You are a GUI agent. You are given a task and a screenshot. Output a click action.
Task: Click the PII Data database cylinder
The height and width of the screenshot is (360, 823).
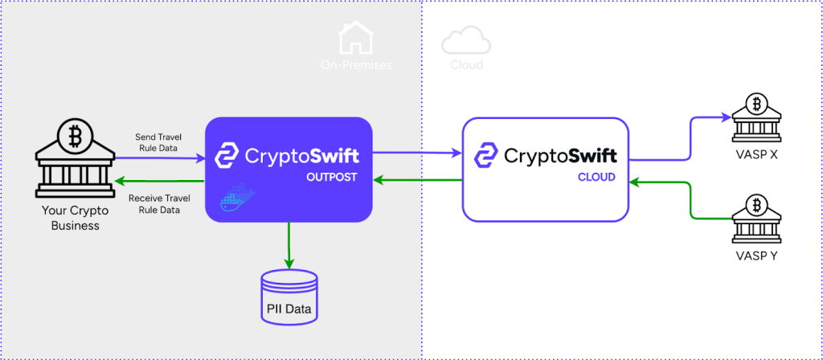[x=289, y=297]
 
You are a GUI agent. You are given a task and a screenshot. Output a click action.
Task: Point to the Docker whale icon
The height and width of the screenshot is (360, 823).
[x=237, y=198]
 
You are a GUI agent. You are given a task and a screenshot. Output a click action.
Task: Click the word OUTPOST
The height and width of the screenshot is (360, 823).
[x=331, y=176]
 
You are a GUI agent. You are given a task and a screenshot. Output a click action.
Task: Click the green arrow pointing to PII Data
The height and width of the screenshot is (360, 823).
[x=289, y=245]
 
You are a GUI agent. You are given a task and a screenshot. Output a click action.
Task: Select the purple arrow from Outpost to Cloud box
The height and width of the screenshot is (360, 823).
[x=418, y=151]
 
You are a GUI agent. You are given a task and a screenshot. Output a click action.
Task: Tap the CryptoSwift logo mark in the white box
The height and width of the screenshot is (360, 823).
[x=486, y=154]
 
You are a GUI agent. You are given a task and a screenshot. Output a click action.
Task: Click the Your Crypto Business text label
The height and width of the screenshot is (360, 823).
[x=75, y=219]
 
